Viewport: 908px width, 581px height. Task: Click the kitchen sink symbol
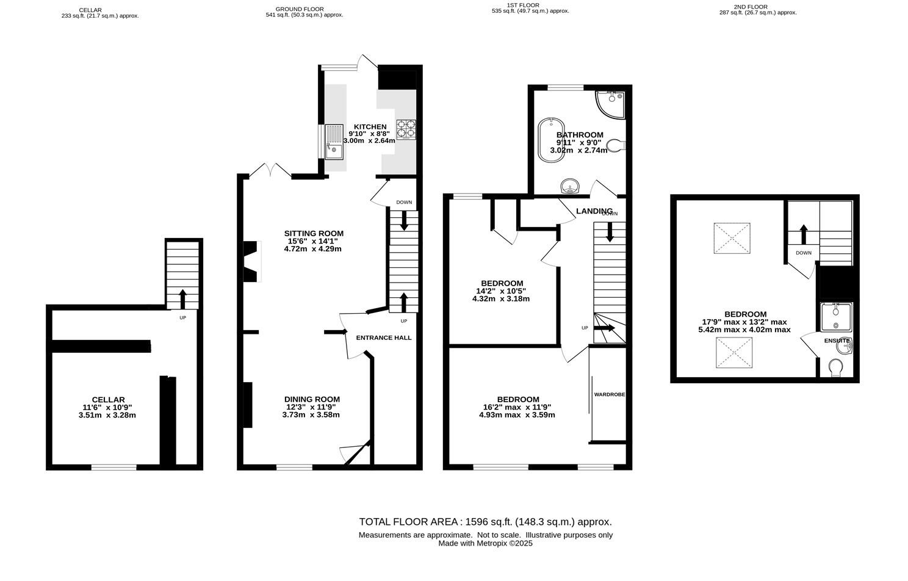click(x=334, y=141)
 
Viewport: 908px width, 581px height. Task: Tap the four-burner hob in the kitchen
click(x=407, y=129)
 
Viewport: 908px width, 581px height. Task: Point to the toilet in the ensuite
click(x=837, y=368)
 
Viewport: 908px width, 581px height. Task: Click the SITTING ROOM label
click(x=314, y=233)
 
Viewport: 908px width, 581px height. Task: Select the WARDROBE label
click(x=609, y=394)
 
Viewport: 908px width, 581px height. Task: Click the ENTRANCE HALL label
click(x=383, y=337)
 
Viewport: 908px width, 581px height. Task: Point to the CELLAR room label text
click(x=108, y=400)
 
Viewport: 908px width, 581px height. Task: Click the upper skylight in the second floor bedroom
click(x=732, y=238)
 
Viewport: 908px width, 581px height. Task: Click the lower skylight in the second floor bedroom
click(x=732, y=353)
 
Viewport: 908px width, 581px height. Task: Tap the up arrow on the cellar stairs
click(x=182, y=298)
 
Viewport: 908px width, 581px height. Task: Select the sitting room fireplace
click(x=251, y=261)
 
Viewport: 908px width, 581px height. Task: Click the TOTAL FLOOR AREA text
click(x=485, y=522)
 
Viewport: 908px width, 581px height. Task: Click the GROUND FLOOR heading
click(x=299, y=9)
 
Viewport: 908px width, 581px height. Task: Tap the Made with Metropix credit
click(x=485, y=543)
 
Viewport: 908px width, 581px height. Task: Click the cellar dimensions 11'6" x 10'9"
click(x=108, y=408)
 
